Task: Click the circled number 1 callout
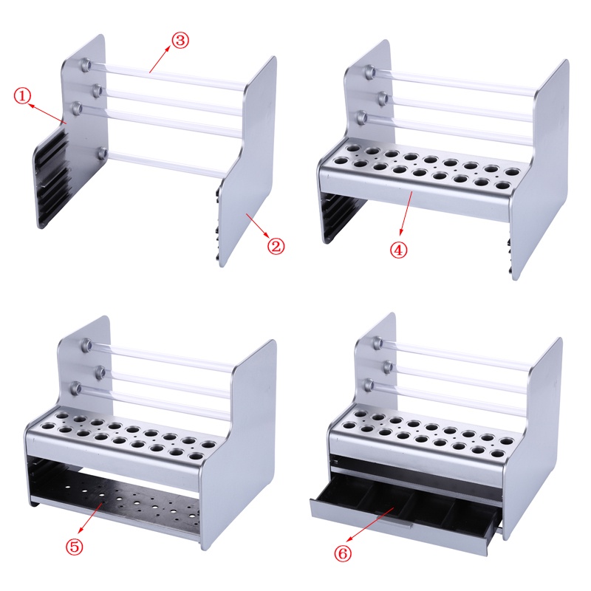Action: click(x=23, y=95)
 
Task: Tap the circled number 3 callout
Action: click(x=180, y=40)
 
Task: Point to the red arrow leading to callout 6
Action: click(x=366, y=529)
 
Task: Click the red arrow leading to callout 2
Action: click(x=257, y=228)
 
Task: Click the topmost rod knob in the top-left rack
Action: click(x=86, y=65)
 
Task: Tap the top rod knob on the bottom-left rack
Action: click(x=87, y=344)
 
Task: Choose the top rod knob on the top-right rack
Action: click(x=369, y=72)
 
